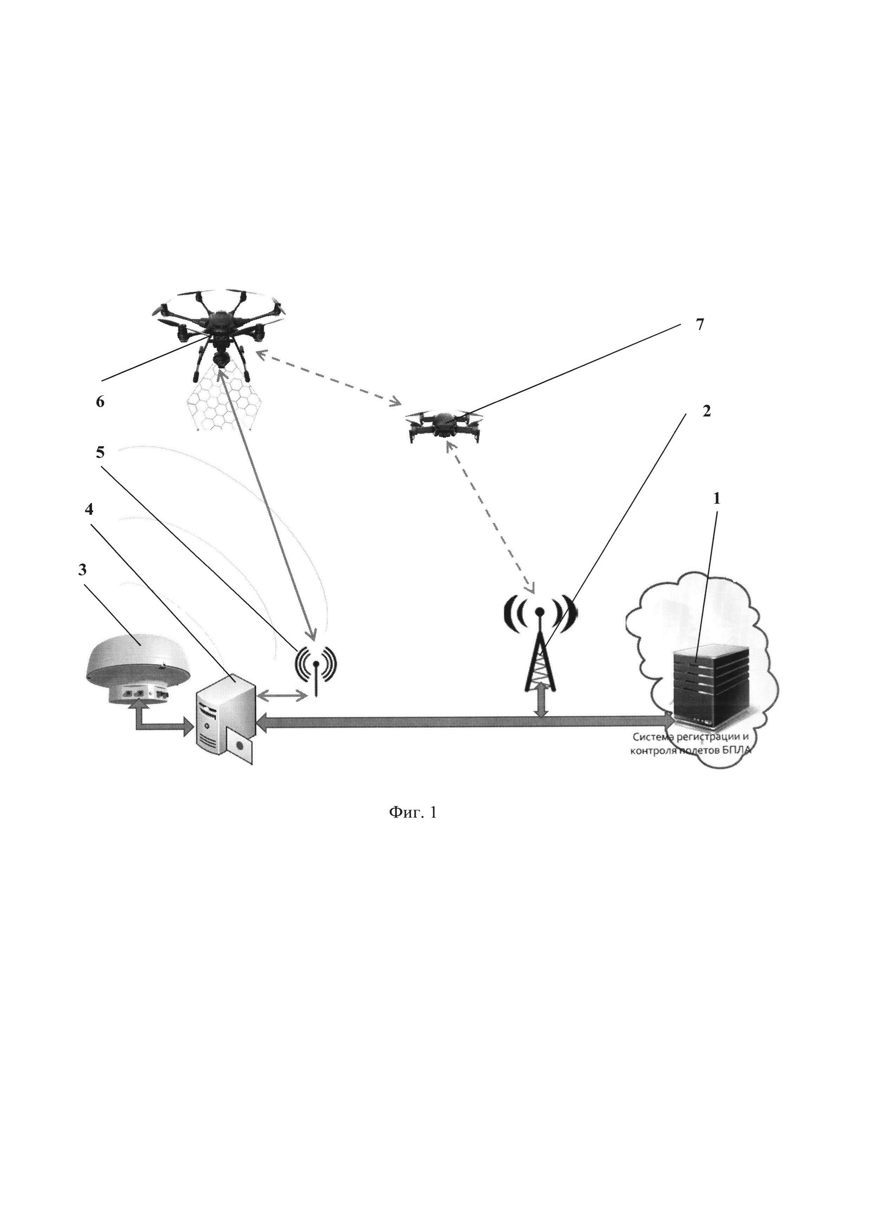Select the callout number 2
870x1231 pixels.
706,411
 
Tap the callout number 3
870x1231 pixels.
82,569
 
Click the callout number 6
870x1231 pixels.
100,402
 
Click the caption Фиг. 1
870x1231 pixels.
413,828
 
